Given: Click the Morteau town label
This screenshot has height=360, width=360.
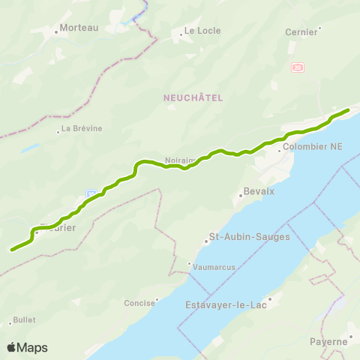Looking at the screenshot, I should (x=79, y=28).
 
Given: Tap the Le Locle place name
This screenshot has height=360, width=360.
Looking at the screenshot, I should (x=199, y=32).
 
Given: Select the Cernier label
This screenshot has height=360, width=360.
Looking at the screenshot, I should (x=301, y=32).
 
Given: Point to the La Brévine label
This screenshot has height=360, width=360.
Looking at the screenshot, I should (x=82, y=128).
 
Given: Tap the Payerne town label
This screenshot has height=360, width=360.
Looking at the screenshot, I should (x=328, y=342).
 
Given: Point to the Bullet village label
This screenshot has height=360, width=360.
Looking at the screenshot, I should (x=24, y=320).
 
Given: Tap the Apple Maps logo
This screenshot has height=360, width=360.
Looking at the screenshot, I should (x=27, y=347).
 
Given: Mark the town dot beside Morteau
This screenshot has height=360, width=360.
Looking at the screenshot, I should (x=57, y=32).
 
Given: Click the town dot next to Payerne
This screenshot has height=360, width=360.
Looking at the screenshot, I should (x=351, y=335).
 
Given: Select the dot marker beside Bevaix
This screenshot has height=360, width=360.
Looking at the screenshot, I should (x=240, y=196).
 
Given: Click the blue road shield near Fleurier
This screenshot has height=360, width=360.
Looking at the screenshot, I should (x=91, y=193).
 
